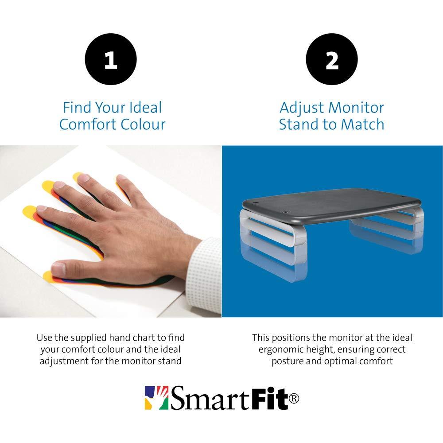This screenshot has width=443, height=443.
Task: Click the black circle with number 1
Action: (x=111, y=59)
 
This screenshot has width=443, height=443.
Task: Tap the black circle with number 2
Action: (x=332, y=59)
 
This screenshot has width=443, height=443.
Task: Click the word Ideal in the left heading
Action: (x=145, y=108)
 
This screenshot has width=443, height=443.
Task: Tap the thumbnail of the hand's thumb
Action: (x=59, y=269)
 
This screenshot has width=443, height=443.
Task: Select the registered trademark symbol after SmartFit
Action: (x=294, y=398)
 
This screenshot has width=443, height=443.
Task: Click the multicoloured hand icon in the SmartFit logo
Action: (x=156, y=398)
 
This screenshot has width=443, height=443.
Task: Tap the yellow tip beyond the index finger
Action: (x=48, y=186)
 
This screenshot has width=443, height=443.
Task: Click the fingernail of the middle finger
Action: (x=59, y=184)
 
